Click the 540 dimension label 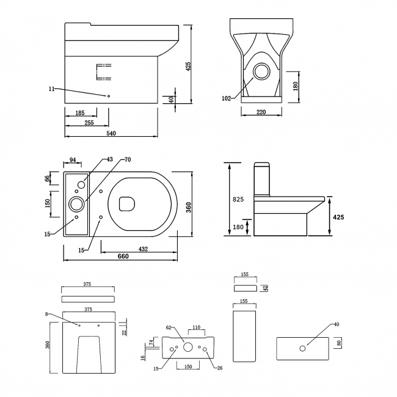[111, 133]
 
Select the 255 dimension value [89, 123]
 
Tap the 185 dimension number [80, 113]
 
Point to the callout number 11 [52, 89]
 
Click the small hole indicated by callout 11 [109, 96]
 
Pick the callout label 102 [227, 98]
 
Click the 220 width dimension [261, 112]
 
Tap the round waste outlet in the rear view [262, 71]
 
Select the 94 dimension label [73, 160]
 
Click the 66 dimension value [48, 178]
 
